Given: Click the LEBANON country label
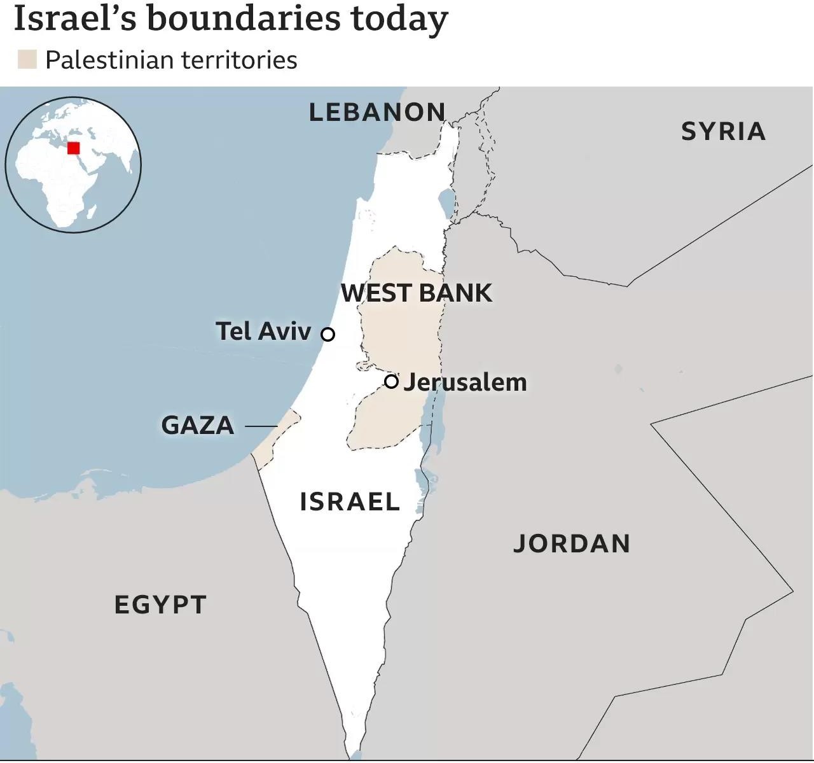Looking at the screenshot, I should point(377,113).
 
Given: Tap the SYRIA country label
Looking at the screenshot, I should point(723,132).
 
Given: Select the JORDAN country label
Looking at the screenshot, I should point(571,544).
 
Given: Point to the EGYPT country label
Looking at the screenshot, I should point(160,605).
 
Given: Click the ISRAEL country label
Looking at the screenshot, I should point(350,502).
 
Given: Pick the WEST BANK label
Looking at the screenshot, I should point(417,293).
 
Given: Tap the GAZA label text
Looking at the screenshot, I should point(198,425).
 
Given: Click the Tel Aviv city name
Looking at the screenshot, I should point(263,332).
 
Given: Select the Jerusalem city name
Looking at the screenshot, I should point(465,382).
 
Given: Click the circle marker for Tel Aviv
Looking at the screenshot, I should point(328,334).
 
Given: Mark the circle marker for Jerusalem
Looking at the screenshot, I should point(392,381).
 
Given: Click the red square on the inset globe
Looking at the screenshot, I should point(73,148).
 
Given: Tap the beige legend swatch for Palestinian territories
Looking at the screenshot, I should point(27,60).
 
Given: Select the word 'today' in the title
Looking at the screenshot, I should point(399,18).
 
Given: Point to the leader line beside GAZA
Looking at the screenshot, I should point(261,426).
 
